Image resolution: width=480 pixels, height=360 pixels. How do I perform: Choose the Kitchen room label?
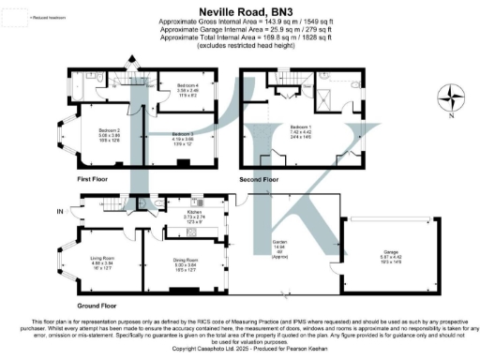pyautogui.click(x=195, y=215)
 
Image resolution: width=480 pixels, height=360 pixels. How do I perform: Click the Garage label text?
pyautogui.click(x=390, y=254)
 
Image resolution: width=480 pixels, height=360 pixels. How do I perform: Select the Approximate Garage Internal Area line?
pyautogui.click(x=239, y=30)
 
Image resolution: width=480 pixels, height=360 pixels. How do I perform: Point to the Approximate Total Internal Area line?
pyautogui.click(x=239, y=37)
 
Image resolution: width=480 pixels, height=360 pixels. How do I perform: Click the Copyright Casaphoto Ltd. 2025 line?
pyautogui.click(x=239, y=349)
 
